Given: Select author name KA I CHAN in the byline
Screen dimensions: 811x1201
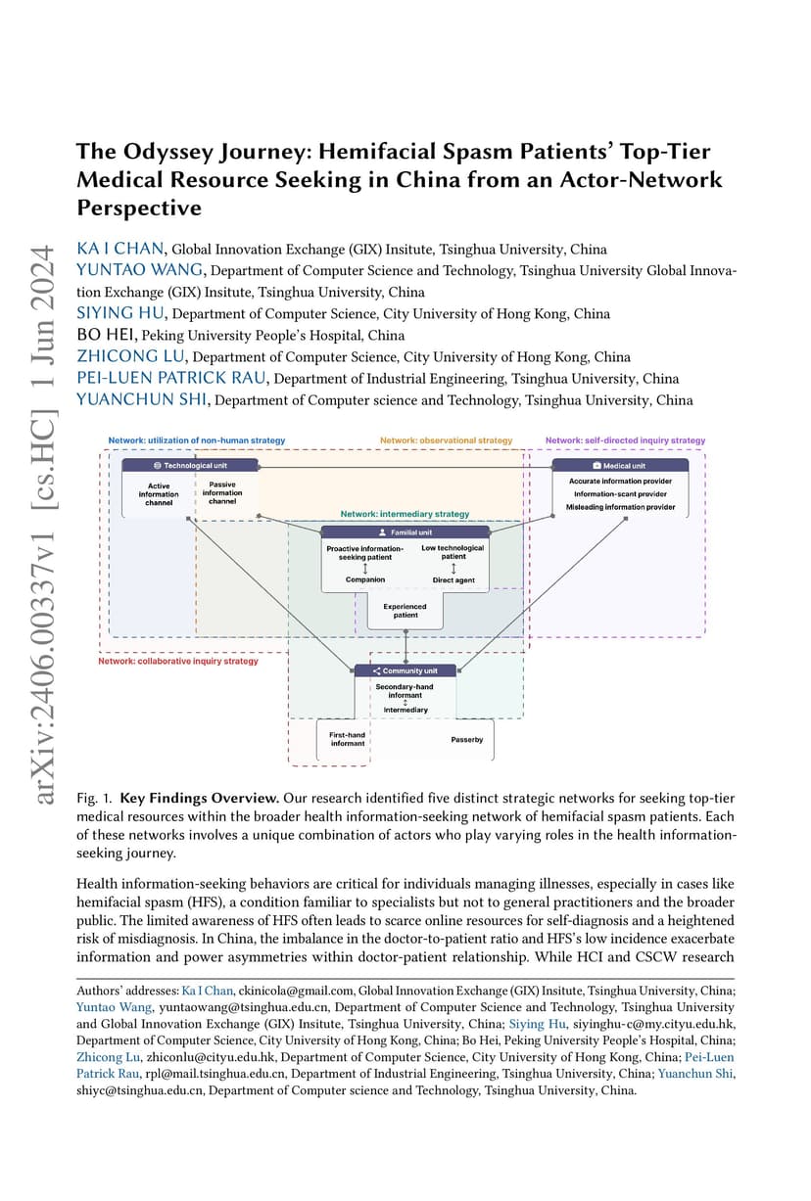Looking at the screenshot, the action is tap(120, 249).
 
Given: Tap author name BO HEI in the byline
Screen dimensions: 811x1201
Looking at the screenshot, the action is tap(105, 335).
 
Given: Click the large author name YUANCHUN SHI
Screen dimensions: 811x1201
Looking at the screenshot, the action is tap(141, 399).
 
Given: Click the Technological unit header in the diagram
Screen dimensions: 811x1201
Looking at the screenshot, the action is tap(190, 465).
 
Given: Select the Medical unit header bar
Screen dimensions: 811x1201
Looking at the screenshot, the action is tap(620, 465).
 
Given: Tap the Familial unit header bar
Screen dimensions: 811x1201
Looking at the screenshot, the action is tap(405, 532).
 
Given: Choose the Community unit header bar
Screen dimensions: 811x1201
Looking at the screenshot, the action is tap(405, 670).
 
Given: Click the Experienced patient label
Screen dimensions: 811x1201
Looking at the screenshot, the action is tap(405, 611).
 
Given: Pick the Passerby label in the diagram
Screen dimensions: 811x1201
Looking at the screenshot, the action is tap(466, 739).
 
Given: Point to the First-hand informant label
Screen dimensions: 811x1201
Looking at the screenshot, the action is tap(347, 739).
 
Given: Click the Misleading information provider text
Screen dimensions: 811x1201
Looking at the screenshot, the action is tap(621, 507).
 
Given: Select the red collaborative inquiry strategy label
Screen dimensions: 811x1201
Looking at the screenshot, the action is tap(178, 661).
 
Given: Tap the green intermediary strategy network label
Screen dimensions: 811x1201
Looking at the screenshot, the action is tap(405, 514).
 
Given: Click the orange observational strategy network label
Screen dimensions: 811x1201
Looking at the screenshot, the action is tap(447, 440).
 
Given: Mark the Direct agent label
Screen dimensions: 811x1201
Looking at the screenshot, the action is tap(453, 580).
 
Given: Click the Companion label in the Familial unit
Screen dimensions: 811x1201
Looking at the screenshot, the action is tap(365, 579).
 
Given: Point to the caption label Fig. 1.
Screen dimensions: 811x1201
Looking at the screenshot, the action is tap(94, 799).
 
